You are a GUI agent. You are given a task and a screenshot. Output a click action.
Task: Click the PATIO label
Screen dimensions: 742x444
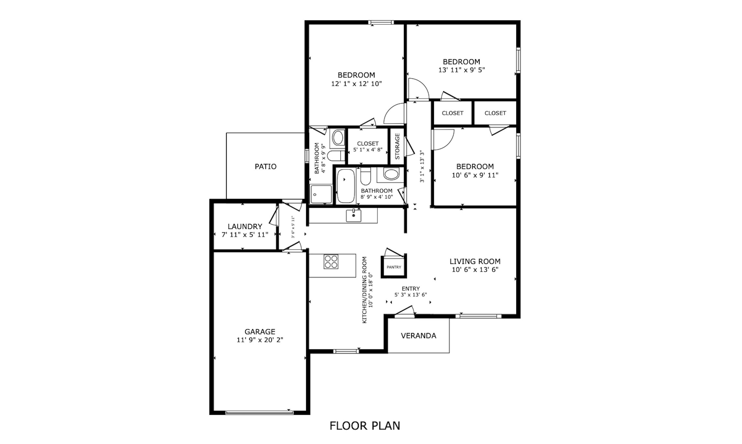tap(266, 166)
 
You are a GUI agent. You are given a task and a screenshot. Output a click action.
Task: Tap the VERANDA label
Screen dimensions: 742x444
tap(419, 336)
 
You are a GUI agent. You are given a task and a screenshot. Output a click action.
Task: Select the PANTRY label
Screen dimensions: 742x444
tap(394, 267)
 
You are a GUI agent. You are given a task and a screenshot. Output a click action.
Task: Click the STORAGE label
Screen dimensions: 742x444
tap(397, 146)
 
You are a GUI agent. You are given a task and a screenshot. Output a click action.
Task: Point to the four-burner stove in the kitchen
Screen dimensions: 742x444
tap(331, 262)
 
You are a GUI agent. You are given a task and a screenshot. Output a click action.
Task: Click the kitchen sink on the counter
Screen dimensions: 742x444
tap(354, 215)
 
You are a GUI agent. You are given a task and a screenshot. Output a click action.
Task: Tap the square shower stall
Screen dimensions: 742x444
tap(321, 194)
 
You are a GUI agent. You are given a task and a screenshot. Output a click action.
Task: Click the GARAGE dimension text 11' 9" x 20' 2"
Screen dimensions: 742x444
tap(260, 340)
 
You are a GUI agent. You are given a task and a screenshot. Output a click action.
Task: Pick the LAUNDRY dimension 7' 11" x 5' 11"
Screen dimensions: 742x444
tap(245, 235)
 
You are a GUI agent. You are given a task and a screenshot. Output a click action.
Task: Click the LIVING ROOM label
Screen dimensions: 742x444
tap(475, 261)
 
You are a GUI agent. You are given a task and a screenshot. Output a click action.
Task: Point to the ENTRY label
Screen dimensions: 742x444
tap(411, 289)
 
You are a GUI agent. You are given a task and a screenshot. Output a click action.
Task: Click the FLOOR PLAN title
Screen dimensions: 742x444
tap(365, 426)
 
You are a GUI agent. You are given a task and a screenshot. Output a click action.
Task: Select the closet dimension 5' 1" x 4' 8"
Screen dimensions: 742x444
tap(368, 150)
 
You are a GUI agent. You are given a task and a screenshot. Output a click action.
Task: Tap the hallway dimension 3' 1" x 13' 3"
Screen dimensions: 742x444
tap(422, 166)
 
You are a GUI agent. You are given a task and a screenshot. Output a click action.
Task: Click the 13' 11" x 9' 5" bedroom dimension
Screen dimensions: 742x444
tap(462, 70)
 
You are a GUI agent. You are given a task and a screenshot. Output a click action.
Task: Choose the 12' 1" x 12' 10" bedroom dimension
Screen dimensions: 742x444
tap(356, 84)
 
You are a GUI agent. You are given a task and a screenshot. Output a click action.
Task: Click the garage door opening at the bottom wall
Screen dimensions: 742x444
tap(259, 413)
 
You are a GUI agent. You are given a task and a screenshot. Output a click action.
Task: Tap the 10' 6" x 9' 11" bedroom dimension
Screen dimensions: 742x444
tap(475, 175)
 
